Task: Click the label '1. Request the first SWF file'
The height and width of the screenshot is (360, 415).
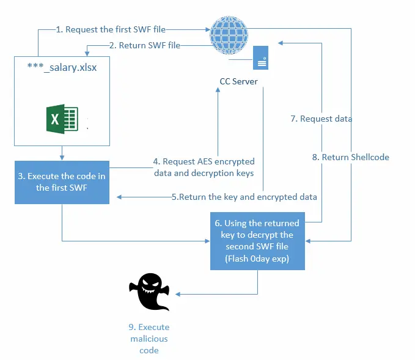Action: coord(111,29)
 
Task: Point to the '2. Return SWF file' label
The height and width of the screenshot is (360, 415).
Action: coord(144,45)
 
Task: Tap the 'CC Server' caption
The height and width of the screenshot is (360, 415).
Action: coord(239,81)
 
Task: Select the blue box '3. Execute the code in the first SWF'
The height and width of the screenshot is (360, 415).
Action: coord(62,182)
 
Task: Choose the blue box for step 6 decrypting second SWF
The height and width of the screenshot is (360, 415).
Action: coord(257,240)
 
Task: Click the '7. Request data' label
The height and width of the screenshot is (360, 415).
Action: coord(321,119)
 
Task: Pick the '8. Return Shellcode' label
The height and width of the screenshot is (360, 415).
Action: coord(350,157)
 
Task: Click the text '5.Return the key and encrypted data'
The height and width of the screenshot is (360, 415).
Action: coord(244,197)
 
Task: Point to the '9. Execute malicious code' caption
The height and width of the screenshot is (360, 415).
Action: coord(149,339)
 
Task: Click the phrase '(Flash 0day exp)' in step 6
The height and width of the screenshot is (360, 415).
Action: coord(257,258)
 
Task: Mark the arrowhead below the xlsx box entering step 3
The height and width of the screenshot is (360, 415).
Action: coord(62,158)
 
